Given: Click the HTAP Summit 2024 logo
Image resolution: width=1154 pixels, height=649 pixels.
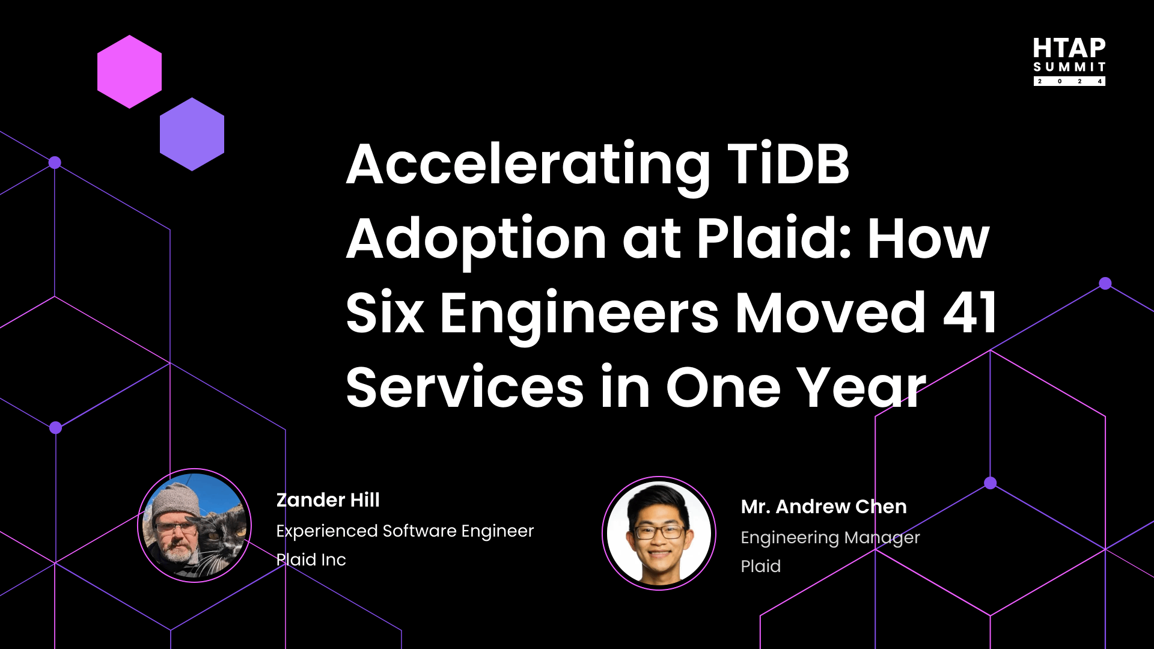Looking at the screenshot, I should tap(1069, 61).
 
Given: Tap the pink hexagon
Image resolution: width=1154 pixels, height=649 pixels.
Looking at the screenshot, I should tap(129, 72).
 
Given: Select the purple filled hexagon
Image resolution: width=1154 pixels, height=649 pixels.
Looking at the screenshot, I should tap(192, 134).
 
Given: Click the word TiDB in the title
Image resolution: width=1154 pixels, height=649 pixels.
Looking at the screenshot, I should tap(788, 164).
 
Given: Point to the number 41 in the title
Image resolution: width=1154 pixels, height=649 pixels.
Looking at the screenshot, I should tap(969, 312).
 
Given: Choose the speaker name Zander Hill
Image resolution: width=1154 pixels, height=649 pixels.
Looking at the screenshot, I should tap(328, 500).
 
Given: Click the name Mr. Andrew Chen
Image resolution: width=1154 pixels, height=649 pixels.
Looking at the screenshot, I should tap(823, 507).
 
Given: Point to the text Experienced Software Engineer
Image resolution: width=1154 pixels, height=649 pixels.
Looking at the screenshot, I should tap(405, 531).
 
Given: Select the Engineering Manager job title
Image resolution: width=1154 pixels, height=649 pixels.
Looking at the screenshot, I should tap(830, 538).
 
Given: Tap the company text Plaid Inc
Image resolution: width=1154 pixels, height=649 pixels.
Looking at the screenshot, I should tap(311, 560).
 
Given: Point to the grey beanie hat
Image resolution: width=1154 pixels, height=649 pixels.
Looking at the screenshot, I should tap(175, 499).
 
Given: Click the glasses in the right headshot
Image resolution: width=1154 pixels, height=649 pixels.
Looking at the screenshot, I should tap(659, 532).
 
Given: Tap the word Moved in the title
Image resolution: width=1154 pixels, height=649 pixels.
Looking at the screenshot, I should tap(830, 312).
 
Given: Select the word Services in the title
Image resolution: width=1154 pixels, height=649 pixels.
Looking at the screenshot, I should tap(465, 388).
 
